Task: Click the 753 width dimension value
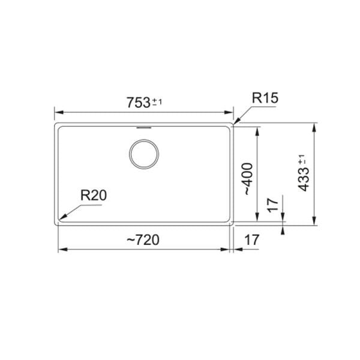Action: point(139,103)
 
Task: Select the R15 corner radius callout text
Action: point(265,98)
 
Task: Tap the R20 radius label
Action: point(94,196)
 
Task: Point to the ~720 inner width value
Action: point(143,240)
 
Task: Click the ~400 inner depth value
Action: point(248,179)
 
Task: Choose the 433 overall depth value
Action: point(304,180)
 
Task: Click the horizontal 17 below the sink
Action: point(251,240)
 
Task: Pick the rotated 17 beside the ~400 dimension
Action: point(273,206)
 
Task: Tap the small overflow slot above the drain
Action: point(144,127)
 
